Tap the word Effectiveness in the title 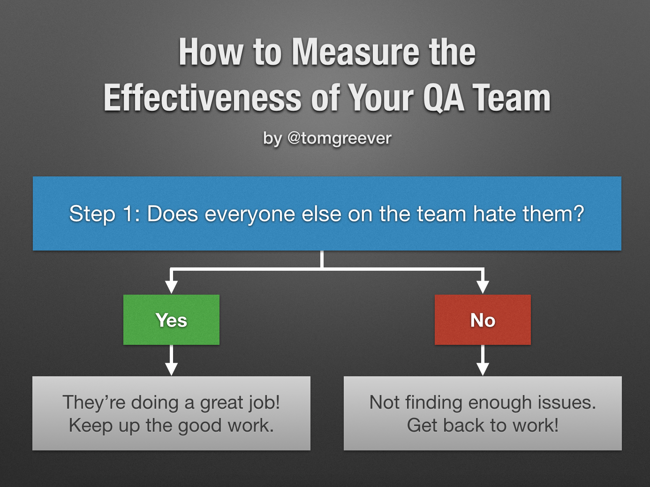coord(203,98)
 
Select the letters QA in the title coord(443,98)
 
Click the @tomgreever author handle coord(340,138)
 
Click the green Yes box coord(172,320)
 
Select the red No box coord(483,320)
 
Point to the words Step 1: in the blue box coord(105,213)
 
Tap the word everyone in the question coord(249,214)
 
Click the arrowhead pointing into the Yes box coord(172,286)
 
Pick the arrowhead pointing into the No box coord(483,286)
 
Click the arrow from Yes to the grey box coord(172,360)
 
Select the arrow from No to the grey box coord(483,360)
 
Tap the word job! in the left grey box coord(264,403)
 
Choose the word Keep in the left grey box coord(91,426)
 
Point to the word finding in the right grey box coord(433,403)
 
